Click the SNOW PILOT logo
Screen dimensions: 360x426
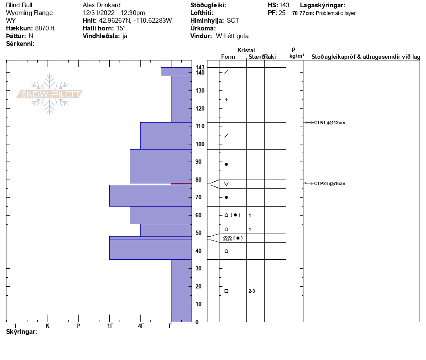click(x=50, y=94)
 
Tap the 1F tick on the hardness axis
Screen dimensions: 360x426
click(x=110, y=326)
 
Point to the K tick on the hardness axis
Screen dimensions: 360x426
click(x=48, y=326)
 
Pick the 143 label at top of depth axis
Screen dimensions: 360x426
click(x=199, y=67)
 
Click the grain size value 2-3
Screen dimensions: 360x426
click(x=252, y=291)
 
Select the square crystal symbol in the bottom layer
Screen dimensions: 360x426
click(x=226, y=291)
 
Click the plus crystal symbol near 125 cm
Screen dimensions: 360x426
click(x=226, y=99)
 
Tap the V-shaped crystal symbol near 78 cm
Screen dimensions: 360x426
click(x=226, y=184)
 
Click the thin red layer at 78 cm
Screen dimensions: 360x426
click(x=181, y=184)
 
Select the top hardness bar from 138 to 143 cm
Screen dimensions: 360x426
click(x=176, y=72)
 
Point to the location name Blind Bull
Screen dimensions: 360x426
click(x=19, y=5)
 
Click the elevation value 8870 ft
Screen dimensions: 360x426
click(x=45, y=28)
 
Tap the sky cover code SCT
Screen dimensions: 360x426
click(x=233, y=21)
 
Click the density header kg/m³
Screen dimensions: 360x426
click(x=297, y=56)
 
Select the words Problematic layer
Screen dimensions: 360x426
click(x=336, y=13)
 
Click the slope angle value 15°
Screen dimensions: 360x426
click(x=121, y=28)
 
